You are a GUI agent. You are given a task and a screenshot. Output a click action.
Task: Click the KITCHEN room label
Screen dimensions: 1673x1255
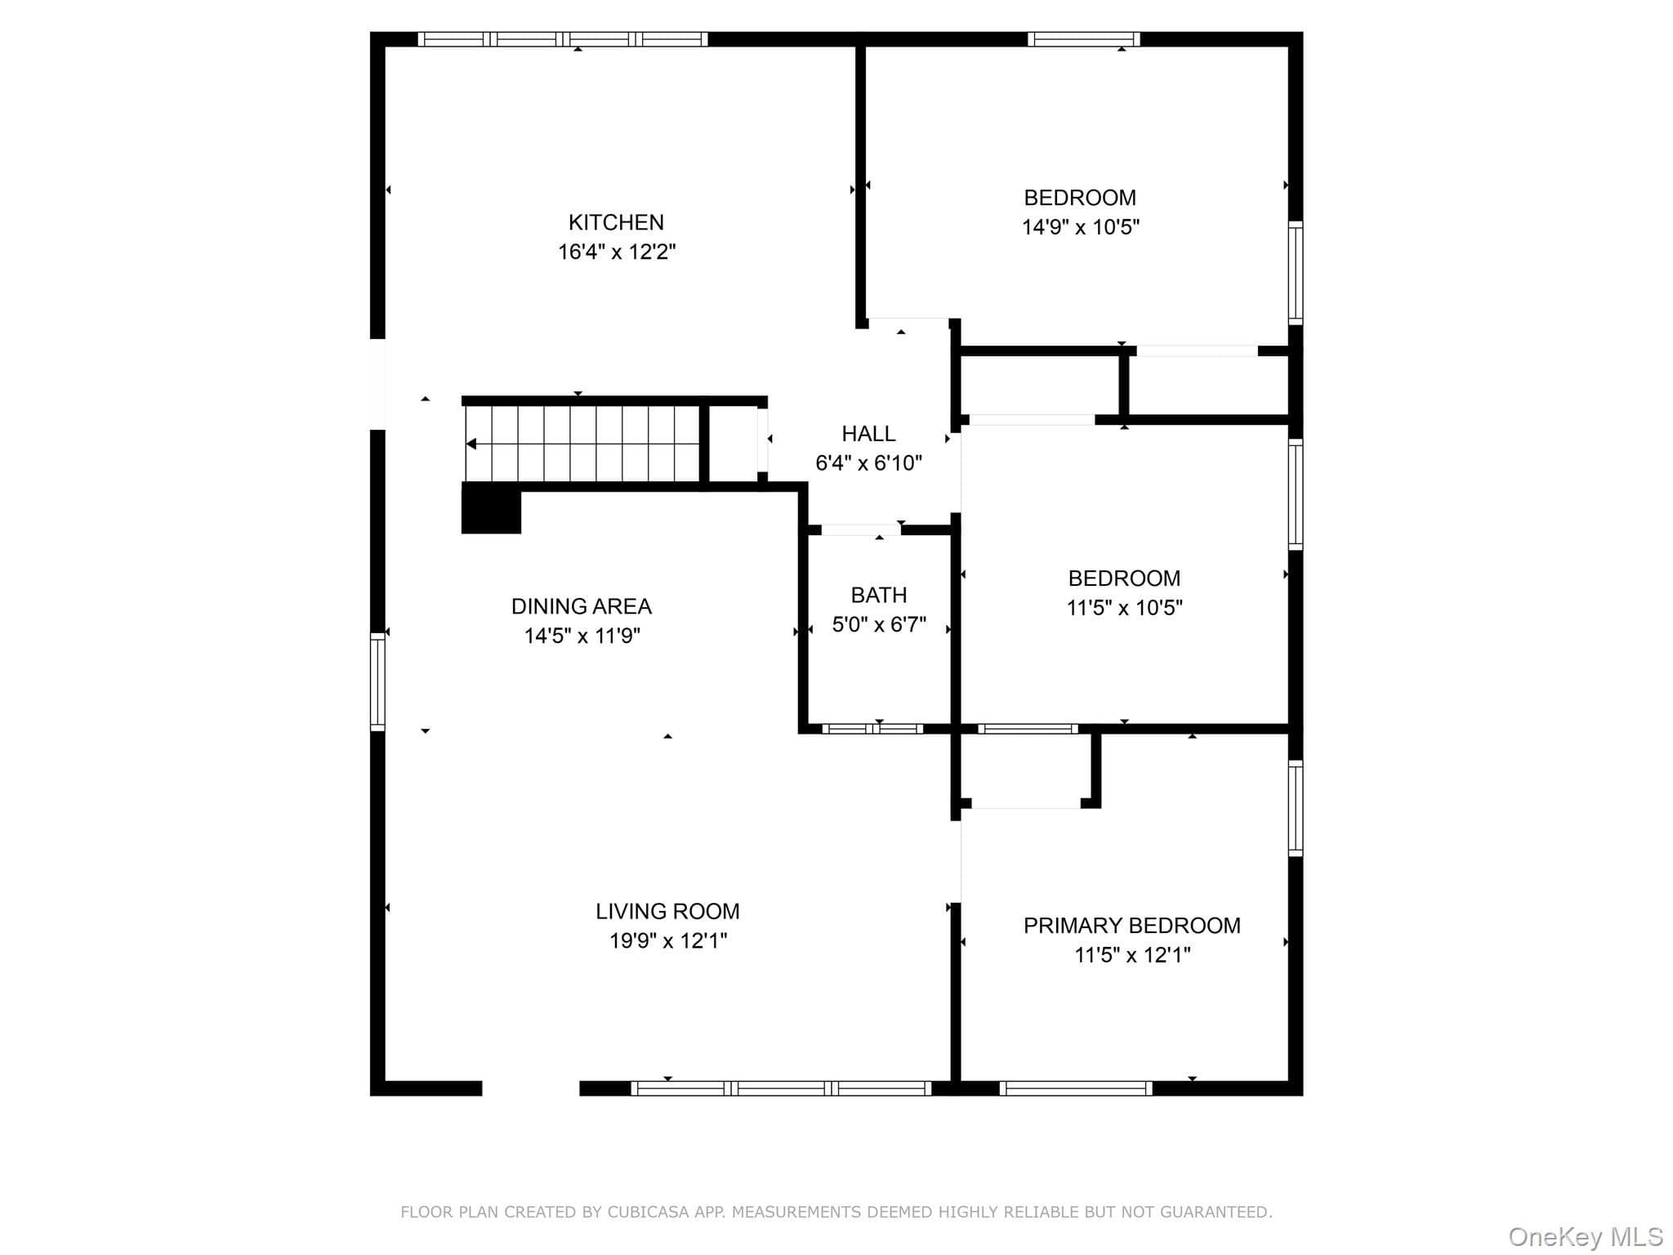[616, 222]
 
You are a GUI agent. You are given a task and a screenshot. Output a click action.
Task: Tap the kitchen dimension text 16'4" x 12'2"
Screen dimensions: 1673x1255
[617, 252]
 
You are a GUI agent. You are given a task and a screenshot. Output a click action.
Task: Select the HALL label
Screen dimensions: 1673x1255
[868, 433]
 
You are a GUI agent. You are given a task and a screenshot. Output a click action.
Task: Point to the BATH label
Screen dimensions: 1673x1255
[879, 595]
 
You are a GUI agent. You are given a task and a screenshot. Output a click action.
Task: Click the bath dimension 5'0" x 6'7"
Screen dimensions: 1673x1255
[879, 624]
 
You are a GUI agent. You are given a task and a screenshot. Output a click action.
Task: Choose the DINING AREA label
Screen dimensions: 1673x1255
[582, 606]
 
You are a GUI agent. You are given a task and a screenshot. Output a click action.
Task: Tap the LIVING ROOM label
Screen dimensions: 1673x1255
[667, 911]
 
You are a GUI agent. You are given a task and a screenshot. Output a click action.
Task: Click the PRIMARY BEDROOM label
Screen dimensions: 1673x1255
[1132, 925]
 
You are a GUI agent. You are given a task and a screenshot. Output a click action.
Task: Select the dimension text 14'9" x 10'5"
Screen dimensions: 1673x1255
[1081, 227]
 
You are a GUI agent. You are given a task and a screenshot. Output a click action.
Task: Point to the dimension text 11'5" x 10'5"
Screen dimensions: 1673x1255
[1125, 608]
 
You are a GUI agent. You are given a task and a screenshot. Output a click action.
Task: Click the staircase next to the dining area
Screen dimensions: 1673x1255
[582, 444]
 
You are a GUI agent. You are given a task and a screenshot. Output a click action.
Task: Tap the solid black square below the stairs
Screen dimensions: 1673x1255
[491, 508]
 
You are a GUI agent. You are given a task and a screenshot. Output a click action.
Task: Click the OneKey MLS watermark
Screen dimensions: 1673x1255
[1586, 1237]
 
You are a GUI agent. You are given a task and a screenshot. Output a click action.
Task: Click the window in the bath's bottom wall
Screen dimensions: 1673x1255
[872, 729]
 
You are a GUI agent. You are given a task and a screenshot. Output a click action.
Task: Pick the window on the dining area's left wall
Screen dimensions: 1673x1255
[377, 681]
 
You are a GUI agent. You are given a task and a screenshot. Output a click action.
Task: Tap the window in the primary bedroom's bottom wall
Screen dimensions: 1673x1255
[1076, 1088]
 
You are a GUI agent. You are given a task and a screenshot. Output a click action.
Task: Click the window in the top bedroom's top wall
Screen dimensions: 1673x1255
[1083, 39]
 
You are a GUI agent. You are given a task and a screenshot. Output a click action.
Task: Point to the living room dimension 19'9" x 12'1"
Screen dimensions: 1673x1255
[668, 940]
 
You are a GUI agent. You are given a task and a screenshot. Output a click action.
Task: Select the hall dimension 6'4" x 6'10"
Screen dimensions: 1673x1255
[868, 463]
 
